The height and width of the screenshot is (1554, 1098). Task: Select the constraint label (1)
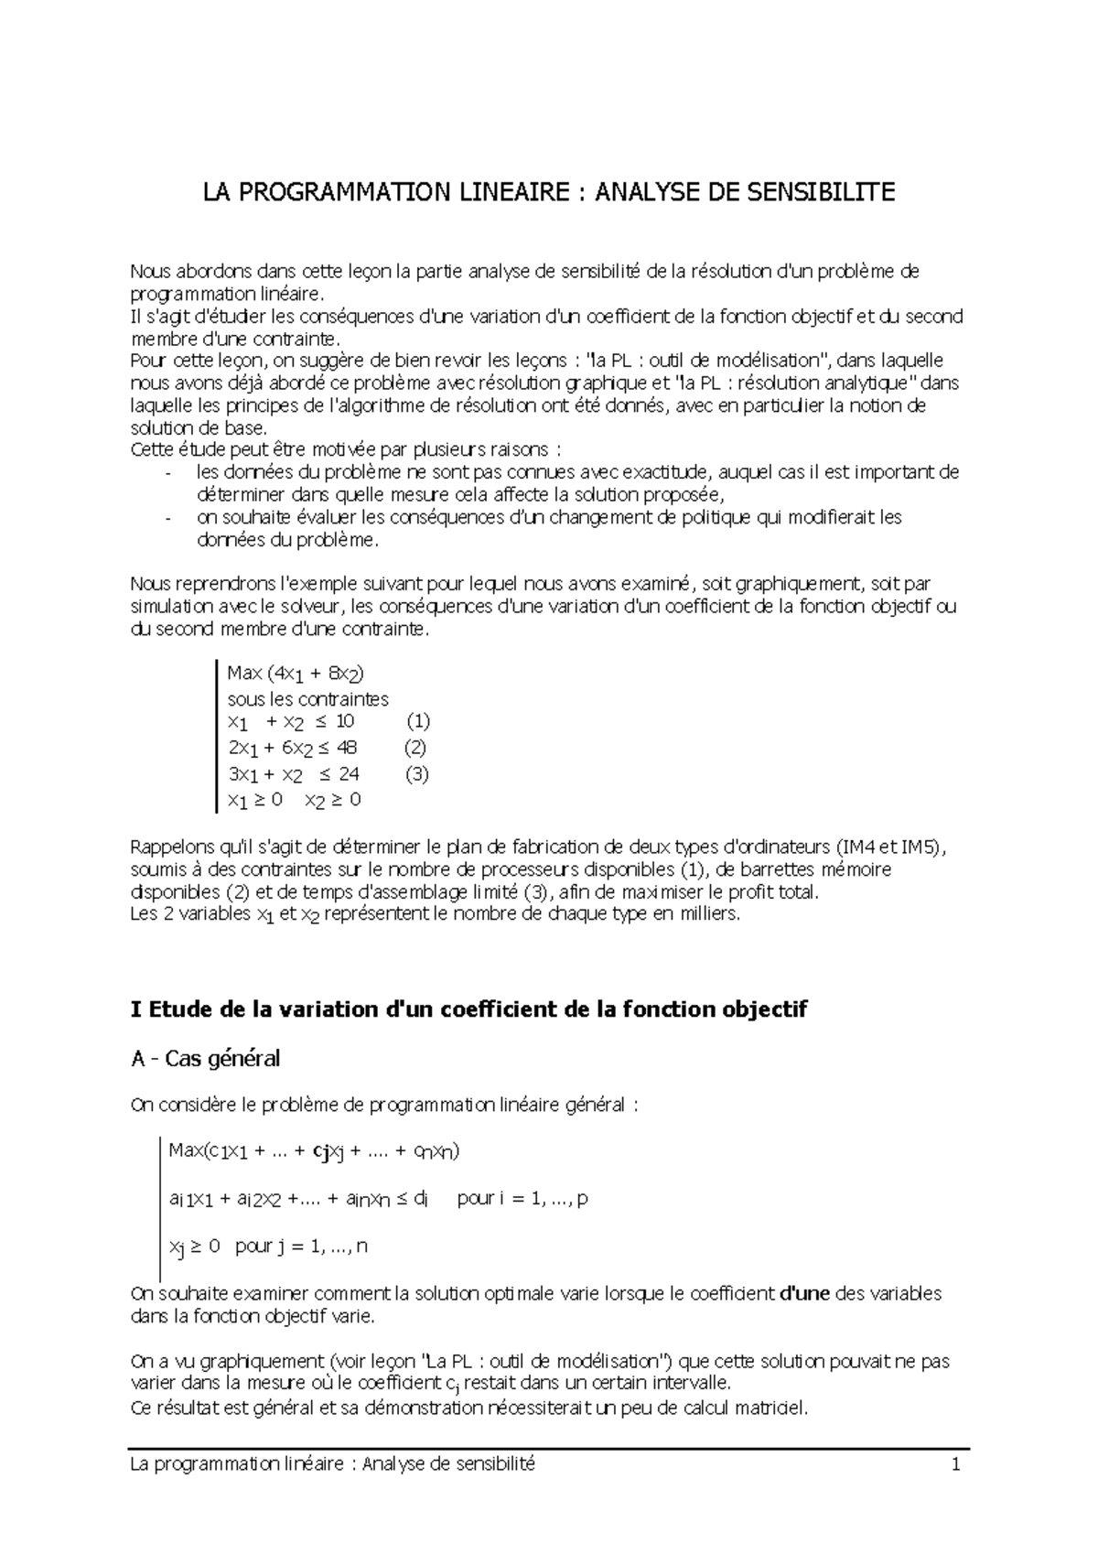coord(418,720)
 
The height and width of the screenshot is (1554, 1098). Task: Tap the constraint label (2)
coord(414,747)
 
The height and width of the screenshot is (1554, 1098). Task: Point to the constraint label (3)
coord(416,773)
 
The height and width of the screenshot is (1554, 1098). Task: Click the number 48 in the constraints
coord(347,747)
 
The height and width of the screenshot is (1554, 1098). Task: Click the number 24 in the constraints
coord(349,773)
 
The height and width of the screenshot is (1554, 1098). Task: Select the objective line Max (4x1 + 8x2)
coord(295,674)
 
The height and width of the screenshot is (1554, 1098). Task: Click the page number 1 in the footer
coord(956,1464)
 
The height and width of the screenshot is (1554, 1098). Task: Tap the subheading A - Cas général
coord(206,1059)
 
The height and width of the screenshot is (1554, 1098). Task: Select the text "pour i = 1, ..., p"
coord(522,1198)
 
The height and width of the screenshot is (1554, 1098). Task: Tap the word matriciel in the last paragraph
coord(774,1408)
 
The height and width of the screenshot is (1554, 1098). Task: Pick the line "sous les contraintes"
coord(307,699)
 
